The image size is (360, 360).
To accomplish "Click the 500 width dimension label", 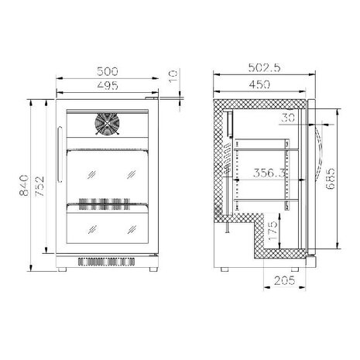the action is coord(108,71).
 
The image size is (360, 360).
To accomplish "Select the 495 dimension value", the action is coord(108,85).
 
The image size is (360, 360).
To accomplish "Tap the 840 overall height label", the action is coord(24,185).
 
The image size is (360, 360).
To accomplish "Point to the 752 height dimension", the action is coord(39,187).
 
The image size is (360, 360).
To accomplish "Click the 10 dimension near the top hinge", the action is coord(173,76).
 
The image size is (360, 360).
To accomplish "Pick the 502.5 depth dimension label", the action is coord(264,67).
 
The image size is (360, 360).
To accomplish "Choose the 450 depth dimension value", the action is coord(259,84).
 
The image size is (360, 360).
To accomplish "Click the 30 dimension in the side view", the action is coord(288,118).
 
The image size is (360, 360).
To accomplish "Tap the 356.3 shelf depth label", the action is coord(269,173).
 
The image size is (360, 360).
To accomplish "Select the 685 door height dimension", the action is coord(331,179).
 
